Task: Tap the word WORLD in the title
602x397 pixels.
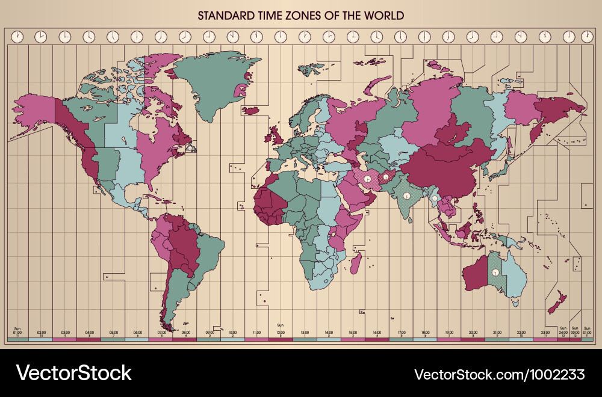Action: pyautogui.click(x=383, y=15)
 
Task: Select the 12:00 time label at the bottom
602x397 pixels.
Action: pyautogui.click(x=280, y=332)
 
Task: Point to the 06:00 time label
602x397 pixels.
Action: pyautogui.click(x=138, y=332)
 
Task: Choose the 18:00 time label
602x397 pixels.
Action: pyautogui.click(x=425, y=332)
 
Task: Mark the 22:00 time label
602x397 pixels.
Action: pyautogui.click(x=521, y=332)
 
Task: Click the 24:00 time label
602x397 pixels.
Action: pyautogui.click(x=563, y=332)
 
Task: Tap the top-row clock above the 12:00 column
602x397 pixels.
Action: pyautogui.click(x=281, y=37)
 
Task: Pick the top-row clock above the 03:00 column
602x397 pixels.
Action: pyautogui.click(x=64, y=37)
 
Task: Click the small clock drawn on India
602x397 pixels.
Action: pyautogui.click(x=407, y=196)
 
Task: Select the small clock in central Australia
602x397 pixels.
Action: pyautogui.click(x=495, y=272)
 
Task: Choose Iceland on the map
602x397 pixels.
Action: pyautogui.click(x=250, y=110)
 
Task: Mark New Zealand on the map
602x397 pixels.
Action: pyautogui.click(x=557, y=301)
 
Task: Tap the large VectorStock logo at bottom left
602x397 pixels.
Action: pyautogui.click(x=73, y=373)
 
